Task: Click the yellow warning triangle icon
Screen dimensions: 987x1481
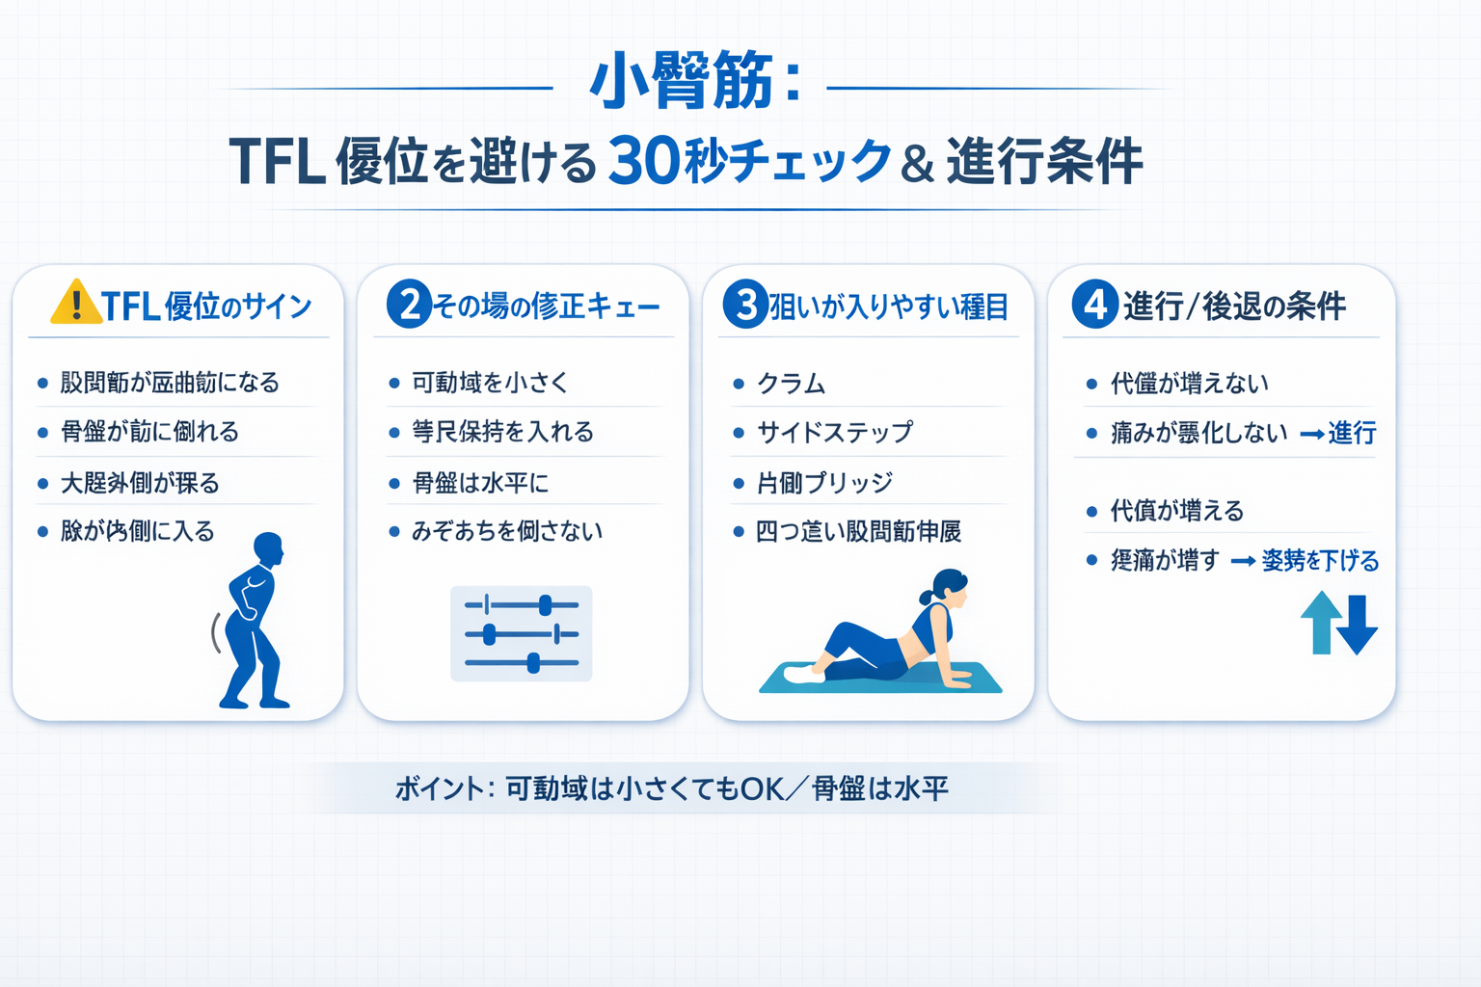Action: click(x=75, y=303)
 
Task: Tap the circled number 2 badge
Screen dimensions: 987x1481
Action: click(x=409, y=305)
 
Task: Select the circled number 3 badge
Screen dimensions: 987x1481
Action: click(x=745, y=305)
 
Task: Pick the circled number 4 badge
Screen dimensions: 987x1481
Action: click(x=1094, y=305)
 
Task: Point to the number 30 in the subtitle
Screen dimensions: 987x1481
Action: click(x=644, y=160)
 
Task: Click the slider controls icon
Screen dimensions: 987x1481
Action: click(x=522, y=633)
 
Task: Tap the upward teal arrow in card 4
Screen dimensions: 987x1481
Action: click(x=1320, y=622)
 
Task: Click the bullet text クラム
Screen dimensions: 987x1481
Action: click(x=792, y=384)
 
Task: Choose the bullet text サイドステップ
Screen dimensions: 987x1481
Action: click(x=835, y=432)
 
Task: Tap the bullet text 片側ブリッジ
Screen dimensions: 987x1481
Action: click(x=825, y=482)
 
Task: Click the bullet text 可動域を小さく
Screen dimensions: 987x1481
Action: click(x=490, y=383)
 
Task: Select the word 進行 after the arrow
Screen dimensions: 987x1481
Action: click(x=1352, y=433)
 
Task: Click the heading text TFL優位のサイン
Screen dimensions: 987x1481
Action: click(x=206, y=307)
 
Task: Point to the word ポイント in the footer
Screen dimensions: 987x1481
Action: click(x=439, y=789)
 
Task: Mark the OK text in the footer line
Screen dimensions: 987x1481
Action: click(x=762, y=789)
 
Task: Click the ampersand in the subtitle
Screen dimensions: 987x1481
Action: click(x=916, y=162)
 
